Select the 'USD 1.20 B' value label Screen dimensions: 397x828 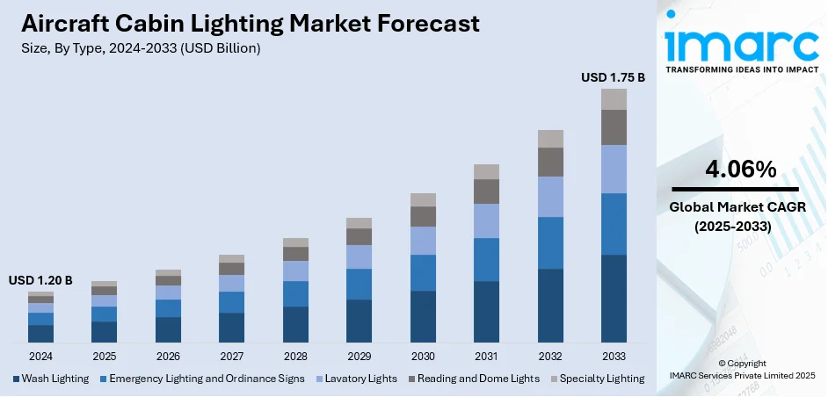pyautogui.click(x=40, y=280)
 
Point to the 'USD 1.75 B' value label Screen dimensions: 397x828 pyautogui.click(x=614, y=77)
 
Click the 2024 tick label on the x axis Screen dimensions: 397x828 pyautogui.click(x=40, y=357)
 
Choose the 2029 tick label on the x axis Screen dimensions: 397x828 pyautogui.click(x=359, y=357)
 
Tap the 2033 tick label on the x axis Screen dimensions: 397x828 pyautogui.click(x=614, y=357)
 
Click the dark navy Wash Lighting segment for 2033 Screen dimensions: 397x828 pyautogui.click(x=614, y=299)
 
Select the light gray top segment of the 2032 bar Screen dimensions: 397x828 pyautogui.click(x=550, y=139)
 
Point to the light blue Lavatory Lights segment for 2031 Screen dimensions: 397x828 pyautogui.click(x=486, y=220)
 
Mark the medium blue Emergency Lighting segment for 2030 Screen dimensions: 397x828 pyautogui.click(x=423, y=272)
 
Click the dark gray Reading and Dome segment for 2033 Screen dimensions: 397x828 pyautogui.click(x=614, y=127)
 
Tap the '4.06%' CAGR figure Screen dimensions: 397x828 pyautogui.click(x=735, y=170)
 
